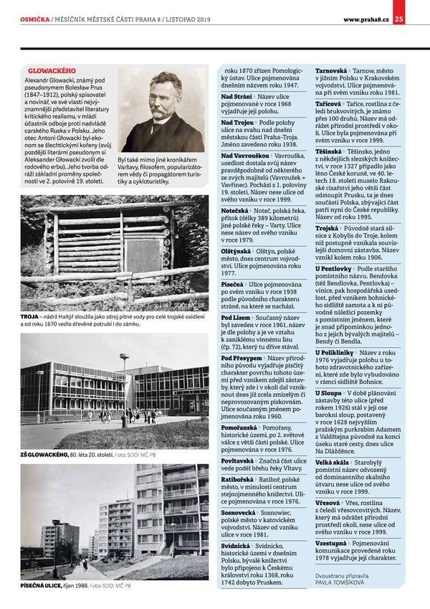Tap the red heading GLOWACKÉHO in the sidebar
tap(52, 72)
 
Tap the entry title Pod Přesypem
tap(242, 357)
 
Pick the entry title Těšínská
tap(328, 153)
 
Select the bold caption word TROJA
tap(29, 316)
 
